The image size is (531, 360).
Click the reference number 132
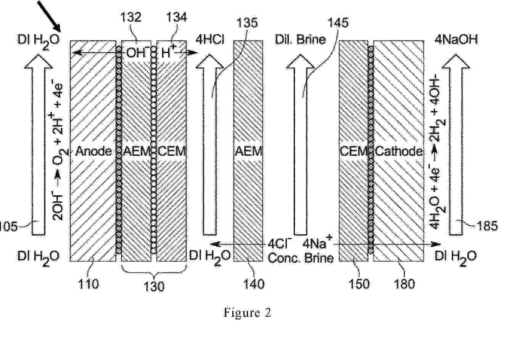pyautogui.click(x=131, y=17)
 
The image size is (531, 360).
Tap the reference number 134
pyautogui.click(x=177, y=17)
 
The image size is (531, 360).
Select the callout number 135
pyautogui.click(x=247, y=23)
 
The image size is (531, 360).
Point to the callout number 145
pyautogui.click(x=338, y=23)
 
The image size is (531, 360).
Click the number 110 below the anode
pyautogui.click(x=88, y=284)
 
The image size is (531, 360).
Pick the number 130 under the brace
pyautogui.click(x=154, y=286)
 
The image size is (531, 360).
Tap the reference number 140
pyautogui.click(x=254, y=284)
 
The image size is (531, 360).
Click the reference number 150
pyautogui.click(x=359, y=284)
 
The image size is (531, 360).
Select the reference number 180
pyautogui.click(x=404, y=284)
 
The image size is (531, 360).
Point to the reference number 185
pyautogui.click(x=488, y=226)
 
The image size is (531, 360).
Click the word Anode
pyautogui.click(x=93, y=151)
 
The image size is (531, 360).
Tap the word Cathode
pyautogui.click(x=399, y=151)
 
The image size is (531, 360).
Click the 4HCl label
pyautogui.click(x=210, y=40)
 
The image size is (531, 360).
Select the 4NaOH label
pyautogui.click(x=456, y=40)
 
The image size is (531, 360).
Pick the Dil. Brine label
pyautogui.click(x=300, y=40)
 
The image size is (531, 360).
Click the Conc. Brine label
pyautogui.click(x=301, y=258)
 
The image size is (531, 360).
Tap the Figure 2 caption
pyautogui.click(x=247, y=313)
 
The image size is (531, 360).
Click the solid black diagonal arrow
pyautogui.click(x=49, y=16)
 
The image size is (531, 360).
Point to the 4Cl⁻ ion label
pyautogui.click(x=280, y=243)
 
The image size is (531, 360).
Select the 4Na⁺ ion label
pyautogui.click(x=318, y=242)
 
